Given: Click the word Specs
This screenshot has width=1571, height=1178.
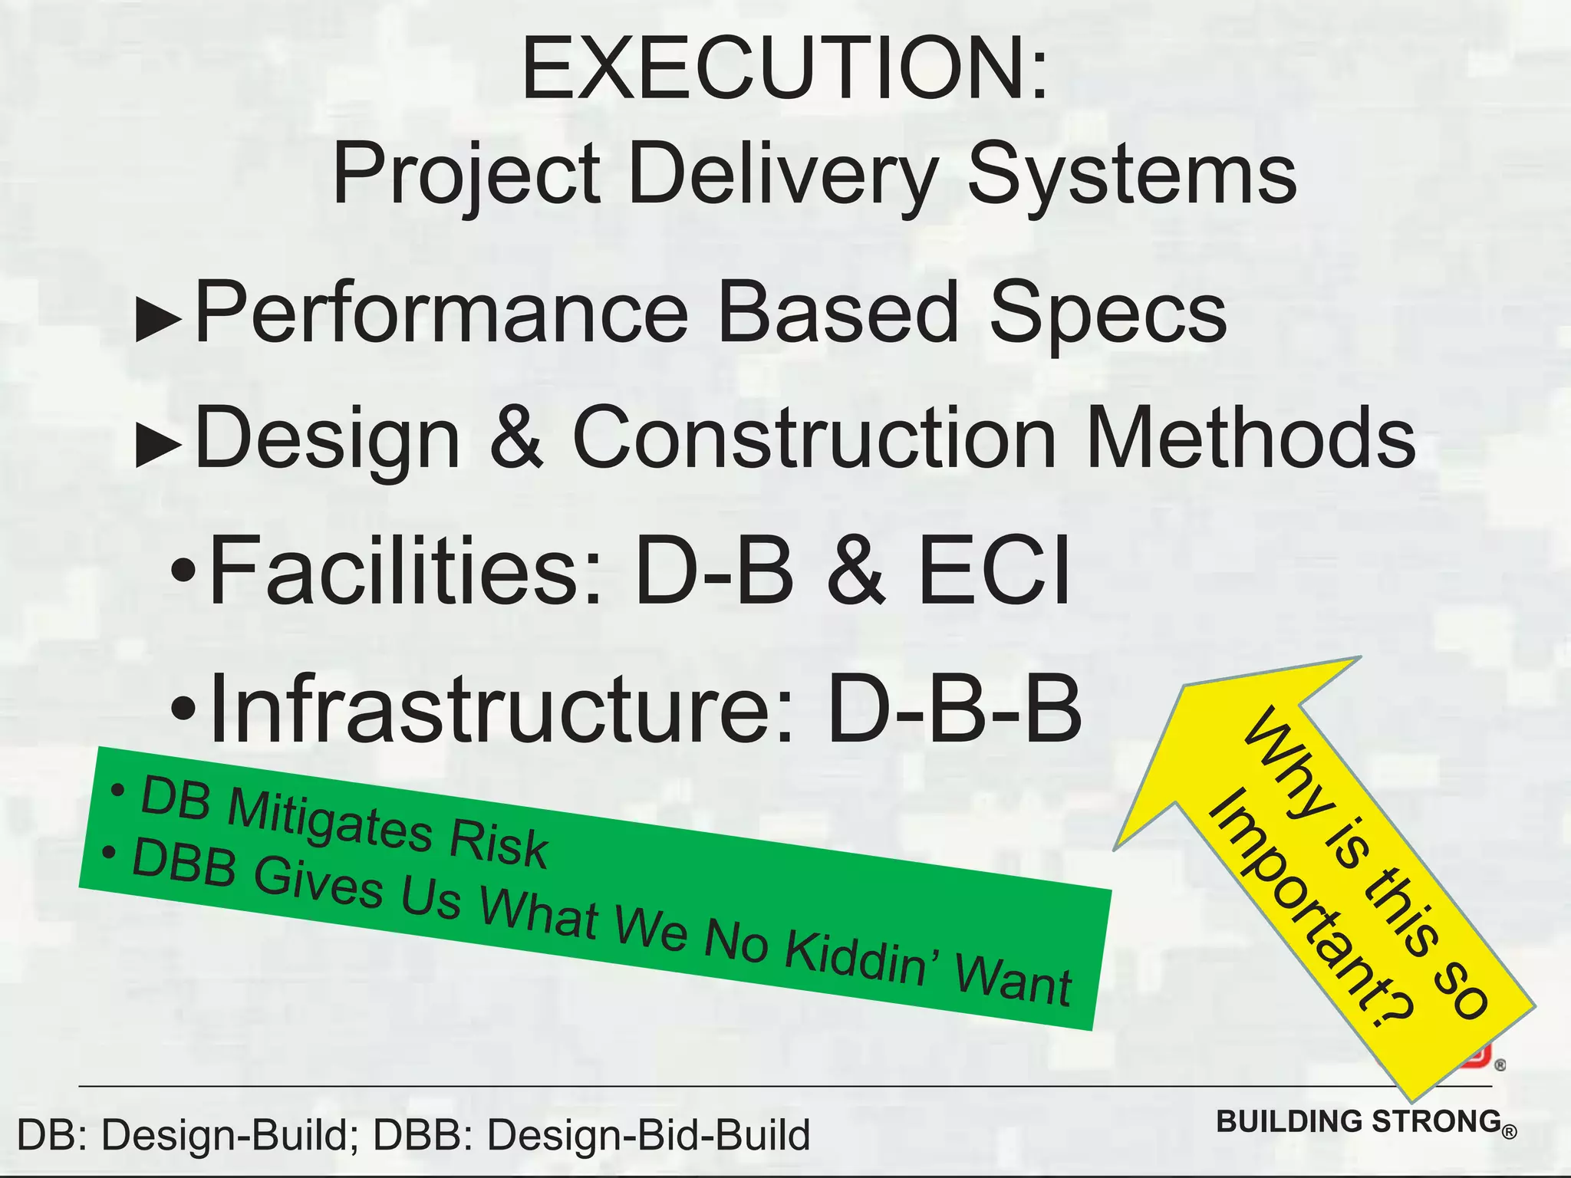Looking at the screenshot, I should tap(1108, 313).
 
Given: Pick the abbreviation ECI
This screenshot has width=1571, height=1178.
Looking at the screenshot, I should tap(994, 571).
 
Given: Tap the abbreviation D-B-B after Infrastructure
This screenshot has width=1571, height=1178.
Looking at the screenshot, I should tap(954, 709).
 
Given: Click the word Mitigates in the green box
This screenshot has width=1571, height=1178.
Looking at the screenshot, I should tap(330, 819).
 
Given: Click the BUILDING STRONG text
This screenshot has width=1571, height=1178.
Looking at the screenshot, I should tap(1359, 1121).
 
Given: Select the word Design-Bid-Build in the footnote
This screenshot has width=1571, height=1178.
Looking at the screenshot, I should tap(648, 1135).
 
